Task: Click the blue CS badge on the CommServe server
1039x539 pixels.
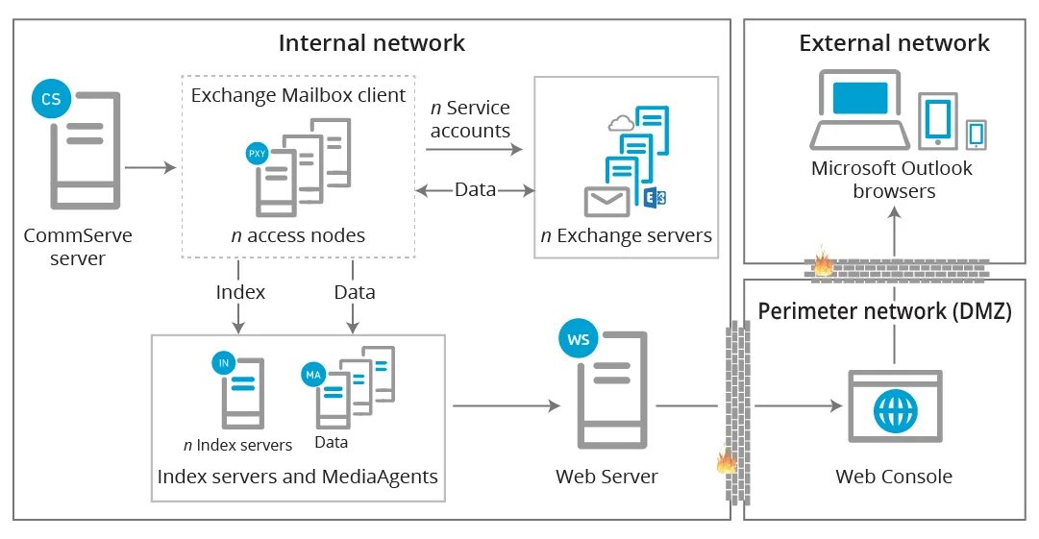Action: pyautogui.click(x=50, y=98)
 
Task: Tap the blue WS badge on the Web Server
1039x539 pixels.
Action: pyautogui.click(x=579, y=340)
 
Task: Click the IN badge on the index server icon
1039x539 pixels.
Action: pyautogui.click(x=224, y=362)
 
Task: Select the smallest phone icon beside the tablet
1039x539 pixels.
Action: pyautogui.click(x=977, y=134)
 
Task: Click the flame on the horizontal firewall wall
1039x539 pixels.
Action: pyautogui.click(x=824, y=262)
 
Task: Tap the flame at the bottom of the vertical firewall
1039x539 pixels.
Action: pyautogui.click(x=726, y=462)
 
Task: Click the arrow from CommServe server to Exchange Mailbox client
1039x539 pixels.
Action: pyautogui.click(x=151, y=168)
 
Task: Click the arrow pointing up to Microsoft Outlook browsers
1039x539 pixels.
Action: pyautogui.click(x=894, y=231)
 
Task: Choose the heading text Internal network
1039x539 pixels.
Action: pyautogui.click(x=372, y=43)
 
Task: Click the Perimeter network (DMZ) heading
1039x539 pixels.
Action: pyautogui.click(x=885, y=311)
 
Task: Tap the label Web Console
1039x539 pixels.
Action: pyautogui.click(x=894, y=476)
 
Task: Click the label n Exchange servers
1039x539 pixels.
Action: pyautogui.click(x=626, y=235)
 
